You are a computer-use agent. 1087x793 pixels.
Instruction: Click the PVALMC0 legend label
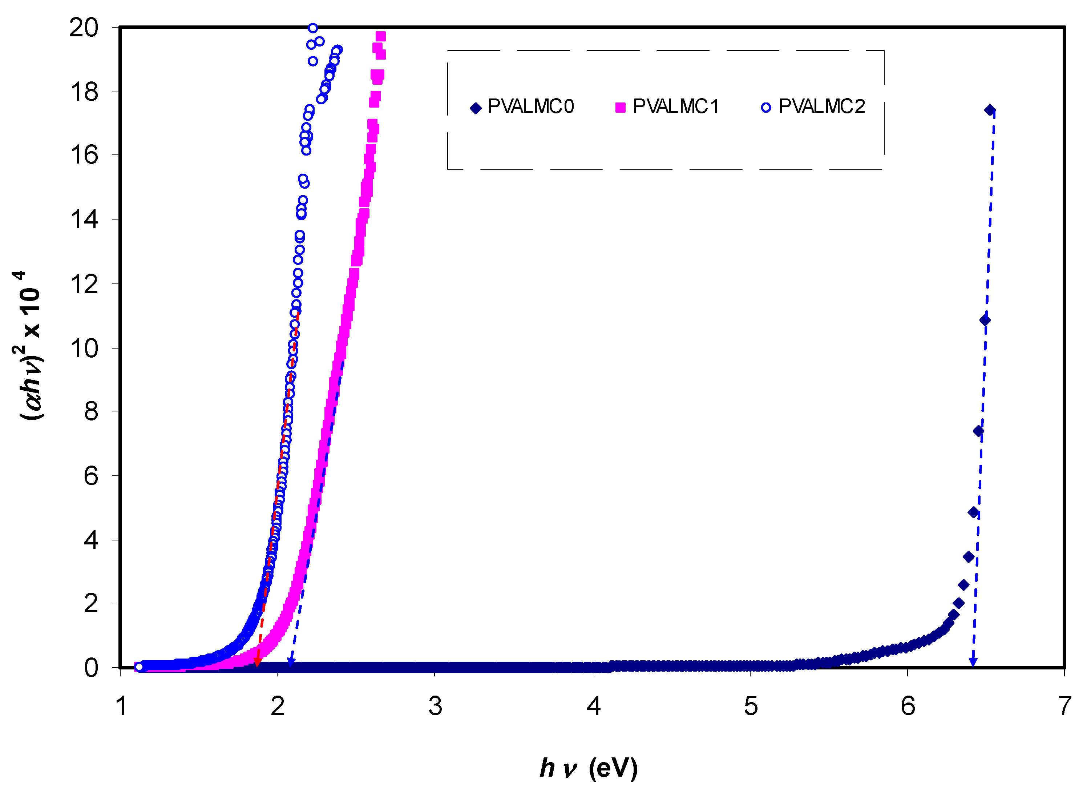click(530, 106)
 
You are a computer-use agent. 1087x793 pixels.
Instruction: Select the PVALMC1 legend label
click(676, 106)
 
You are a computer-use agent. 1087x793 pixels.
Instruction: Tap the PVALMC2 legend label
click(822, 106)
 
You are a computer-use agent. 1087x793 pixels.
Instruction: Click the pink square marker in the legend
click(620, 108)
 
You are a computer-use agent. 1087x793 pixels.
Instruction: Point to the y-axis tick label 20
click(84, 28)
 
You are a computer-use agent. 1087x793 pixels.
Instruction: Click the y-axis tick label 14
click(84, 220)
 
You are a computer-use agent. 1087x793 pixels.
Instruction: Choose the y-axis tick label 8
click(91, 411)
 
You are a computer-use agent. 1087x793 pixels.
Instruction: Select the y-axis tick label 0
click(91, 668)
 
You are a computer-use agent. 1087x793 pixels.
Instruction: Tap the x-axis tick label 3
click(435, 706)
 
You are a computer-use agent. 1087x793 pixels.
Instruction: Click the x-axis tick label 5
click(751, 706)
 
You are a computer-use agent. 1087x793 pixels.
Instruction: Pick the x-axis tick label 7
click(1065, 706)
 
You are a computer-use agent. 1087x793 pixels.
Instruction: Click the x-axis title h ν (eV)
click(589, 768)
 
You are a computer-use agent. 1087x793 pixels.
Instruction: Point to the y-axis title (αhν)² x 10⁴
click(29, 346)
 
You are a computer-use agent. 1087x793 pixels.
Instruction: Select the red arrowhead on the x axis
click(257, 663)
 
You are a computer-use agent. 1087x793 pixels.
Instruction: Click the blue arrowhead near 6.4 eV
click(973, 663)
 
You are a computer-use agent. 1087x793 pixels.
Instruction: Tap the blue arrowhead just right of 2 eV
click(290, 663)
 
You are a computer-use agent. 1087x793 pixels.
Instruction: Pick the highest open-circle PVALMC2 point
click(312, 28)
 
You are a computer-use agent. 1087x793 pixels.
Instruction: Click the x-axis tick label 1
click(121, 706)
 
